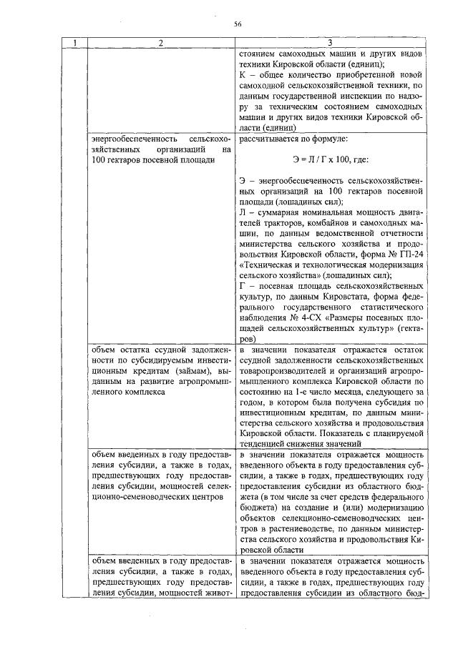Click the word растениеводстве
coord(289,528)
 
